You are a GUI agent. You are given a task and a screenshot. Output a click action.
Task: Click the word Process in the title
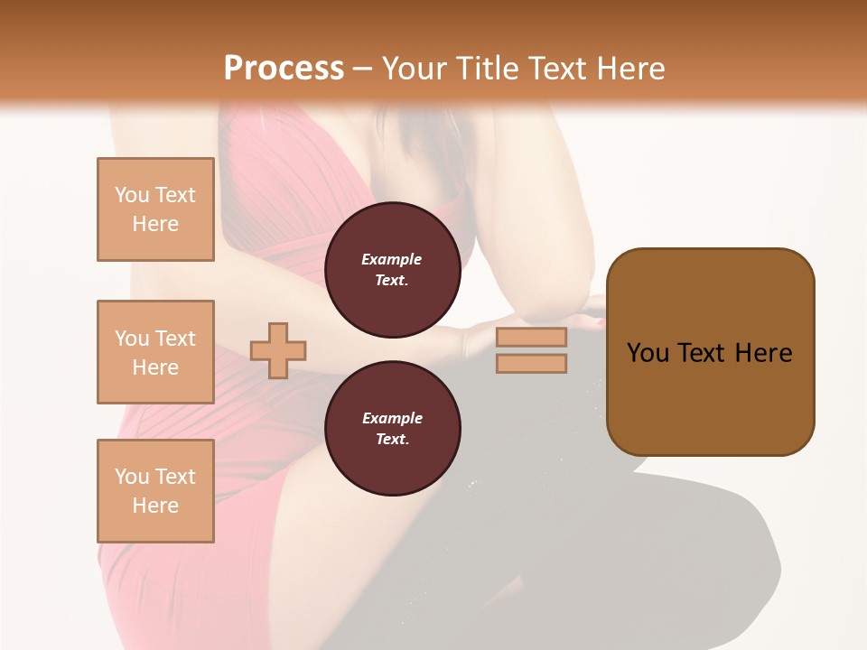[284, 69]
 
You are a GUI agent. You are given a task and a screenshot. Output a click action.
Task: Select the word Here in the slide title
[629, 69]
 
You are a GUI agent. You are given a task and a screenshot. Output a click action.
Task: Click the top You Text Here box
[155, 209]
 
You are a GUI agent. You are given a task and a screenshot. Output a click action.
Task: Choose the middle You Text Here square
[155, 352]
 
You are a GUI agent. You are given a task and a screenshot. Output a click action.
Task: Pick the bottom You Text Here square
[155, 491]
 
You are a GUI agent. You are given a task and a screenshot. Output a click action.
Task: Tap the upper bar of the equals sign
[532, 338]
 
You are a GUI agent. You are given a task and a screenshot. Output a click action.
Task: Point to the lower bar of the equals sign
[532, 364]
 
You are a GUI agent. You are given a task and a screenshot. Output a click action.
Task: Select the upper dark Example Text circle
[392, 270]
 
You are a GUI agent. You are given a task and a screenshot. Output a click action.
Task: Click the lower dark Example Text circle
[392, 429]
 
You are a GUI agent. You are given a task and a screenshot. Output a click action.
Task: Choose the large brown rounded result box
[710, 352]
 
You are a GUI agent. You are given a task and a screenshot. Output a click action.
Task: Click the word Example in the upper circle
[392, 259]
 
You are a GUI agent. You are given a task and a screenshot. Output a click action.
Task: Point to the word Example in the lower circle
[392, 418]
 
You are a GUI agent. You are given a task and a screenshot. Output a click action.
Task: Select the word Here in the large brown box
[763, 353]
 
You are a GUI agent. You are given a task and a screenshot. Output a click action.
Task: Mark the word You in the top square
[132, 195]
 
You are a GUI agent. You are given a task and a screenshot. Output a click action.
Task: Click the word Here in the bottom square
[155, 506]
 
